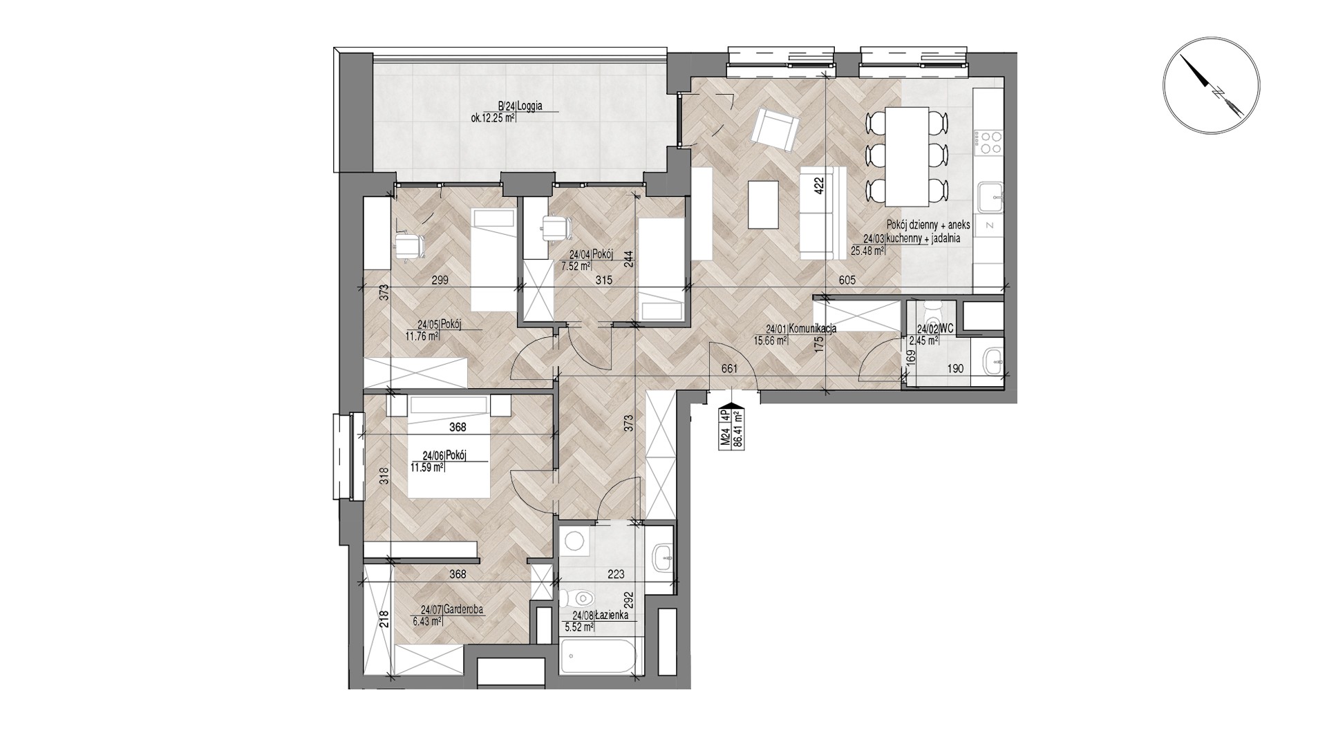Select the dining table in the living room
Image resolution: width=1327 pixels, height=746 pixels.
[x=907, y=156]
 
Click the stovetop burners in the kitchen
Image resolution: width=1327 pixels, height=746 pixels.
[x=987, y=142]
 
